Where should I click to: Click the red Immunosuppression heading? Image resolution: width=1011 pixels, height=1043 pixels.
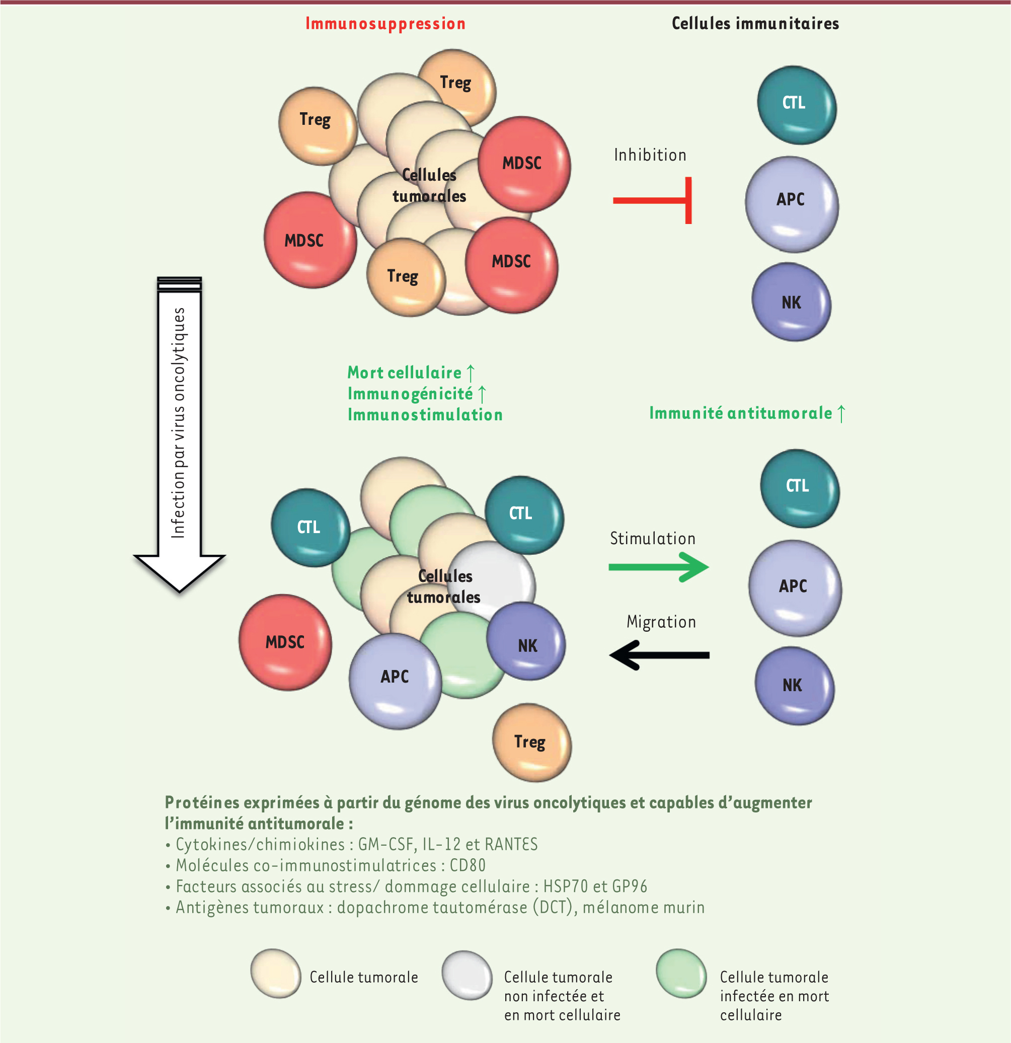[385, 24]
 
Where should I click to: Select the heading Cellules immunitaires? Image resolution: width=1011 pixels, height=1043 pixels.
[755, 24]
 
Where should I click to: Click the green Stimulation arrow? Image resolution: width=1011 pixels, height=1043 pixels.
[658, 567]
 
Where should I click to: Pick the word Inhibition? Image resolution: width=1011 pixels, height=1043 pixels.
[650, 155]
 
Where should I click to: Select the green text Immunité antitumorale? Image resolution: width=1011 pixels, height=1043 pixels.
[740, 413]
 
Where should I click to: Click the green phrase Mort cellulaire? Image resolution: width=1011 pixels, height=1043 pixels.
[405, 372]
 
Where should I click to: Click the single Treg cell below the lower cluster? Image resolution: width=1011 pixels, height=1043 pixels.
[531, 742]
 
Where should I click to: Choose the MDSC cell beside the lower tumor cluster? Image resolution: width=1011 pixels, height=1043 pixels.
[285, 642]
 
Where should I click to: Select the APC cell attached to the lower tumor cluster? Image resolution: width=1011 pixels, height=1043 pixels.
[395, 681]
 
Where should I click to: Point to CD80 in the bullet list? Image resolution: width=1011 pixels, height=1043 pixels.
[468, 866]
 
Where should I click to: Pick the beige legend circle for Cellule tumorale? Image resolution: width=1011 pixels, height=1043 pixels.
[276, 974]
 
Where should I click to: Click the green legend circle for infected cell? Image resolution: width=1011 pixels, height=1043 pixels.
[680, 974]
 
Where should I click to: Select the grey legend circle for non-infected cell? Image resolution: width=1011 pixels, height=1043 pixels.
[466, 975]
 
